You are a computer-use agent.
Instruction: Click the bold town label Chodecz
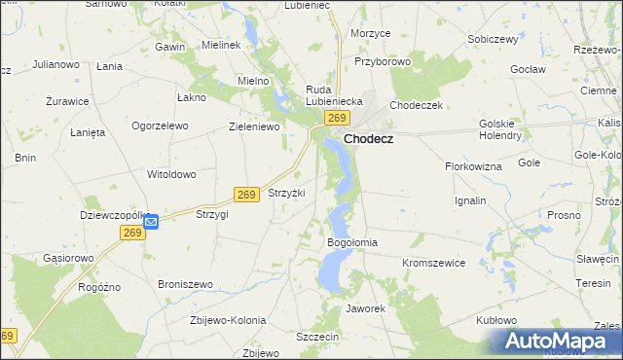375,138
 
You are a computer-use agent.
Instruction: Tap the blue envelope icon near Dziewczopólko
151,222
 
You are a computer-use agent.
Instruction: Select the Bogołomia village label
352,242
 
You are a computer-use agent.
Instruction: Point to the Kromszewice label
434,263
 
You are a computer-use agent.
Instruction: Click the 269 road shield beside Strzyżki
246,195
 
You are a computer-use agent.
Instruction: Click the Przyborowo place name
383,60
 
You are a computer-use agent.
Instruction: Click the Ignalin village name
470,200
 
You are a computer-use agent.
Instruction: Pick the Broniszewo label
185,284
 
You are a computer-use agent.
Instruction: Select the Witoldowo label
171,174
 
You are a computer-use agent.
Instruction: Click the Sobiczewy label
492,39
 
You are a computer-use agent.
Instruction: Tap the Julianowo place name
55,64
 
